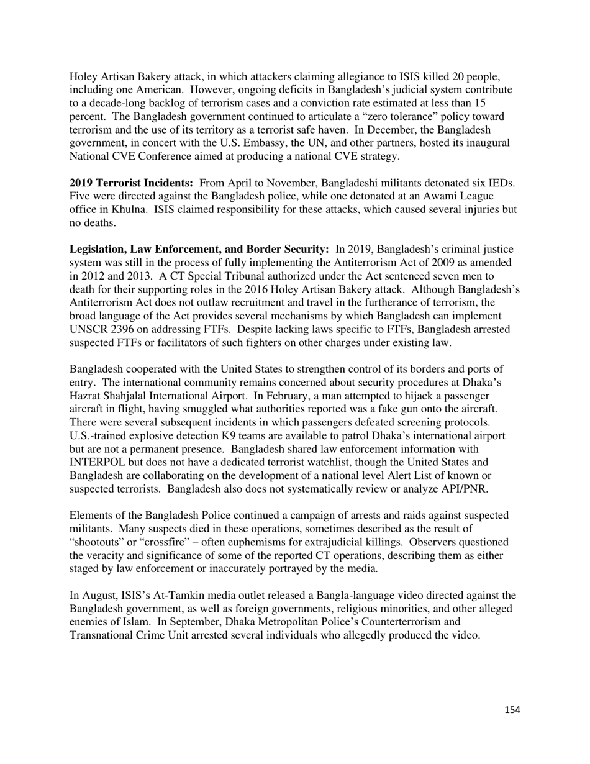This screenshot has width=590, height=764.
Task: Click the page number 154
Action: pos(512,710)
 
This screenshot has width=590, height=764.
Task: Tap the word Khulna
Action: pos(127,210)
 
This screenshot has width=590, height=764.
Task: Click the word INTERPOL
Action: pos(99,462)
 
